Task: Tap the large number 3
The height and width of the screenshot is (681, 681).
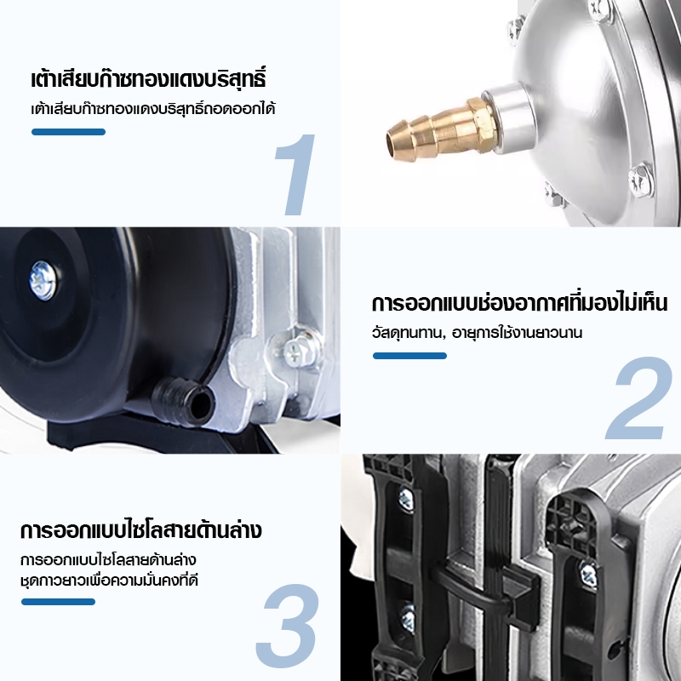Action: pos(288,626)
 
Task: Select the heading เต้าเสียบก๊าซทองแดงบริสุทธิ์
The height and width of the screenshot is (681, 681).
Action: pos(148,79)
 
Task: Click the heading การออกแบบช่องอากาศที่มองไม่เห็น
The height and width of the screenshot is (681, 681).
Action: pos(519,303)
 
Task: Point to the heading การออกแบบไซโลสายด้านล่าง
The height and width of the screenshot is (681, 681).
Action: pos(140,530)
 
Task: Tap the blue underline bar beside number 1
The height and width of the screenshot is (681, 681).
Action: pos(68,132)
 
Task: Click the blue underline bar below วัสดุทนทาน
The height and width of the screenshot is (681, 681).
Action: pos(409,356)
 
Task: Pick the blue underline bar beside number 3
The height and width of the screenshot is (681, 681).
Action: pos(58,602)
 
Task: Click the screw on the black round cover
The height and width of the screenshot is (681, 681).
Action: pos(43,280)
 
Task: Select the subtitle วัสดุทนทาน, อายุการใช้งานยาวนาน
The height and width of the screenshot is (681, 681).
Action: pos(477,333)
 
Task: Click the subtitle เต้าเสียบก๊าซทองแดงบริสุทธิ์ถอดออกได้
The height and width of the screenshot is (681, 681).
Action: pos(153,109)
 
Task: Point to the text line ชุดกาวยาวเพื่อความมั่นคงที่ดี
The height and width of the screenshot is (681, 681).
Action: pos(109,581)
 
